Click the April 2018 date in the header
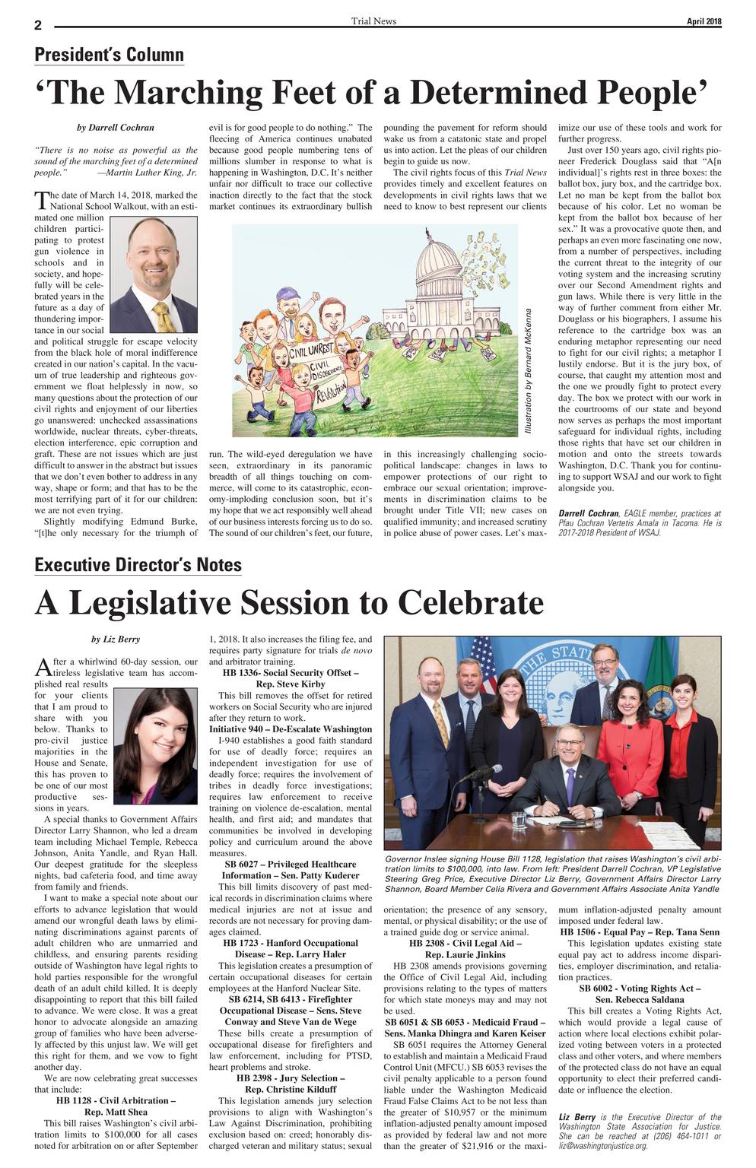tap(704, 21)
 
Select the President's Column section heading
tap(109, 55)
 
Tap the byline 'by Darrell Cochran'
tap(116, 128)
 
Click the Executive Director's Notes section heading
tap(138, 565)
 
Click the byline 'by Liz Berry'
tap(116, 639)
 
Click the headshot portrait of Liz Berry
tap(154, 746)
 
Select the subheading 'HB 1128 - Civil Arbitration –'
tap(116, 1100)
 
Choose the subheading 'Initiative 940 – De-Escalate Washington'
tap(291, 729)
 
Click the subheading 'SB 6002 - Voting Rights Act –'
tap(640, 988)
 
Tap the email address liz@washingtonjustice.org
tap(603, 1145)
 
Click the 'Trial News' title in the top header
tap(373, 21)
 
